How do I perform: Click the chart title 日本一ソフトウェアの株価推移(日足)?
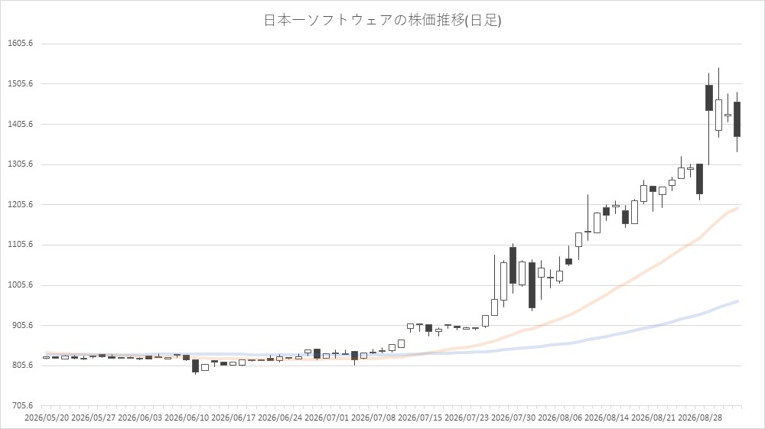pos(382,20)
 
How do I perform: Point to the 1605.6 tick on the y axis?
pos(21,44)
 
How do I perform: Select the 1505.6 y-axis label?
pos(21,84)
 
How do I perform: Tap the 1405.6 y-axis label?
pos(21,125)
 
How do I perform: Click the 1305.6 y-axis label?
pos(21,164)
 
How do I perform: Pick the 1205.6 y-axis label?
pos(21,205)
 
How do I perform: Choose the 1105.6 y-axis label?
pos(21,245)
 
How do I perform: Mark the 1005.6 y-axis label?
pos(21,285)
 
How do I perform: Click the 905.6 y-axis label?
pos(22,325)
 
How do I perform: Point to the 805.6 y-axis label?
pos(22,366)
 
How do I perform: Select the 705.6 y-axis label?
pos(22,405)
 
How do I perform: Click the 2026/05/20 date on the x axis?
pos(47,418)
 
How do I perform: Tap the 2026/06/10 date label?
pos(187,418)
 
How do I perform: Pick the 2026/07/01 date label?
pos(327,418)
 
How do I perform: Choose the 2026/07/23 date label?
pos(467,418)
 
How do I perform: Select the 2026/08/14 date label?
pos(607,418)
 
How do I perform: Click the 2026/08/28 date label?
pos(700,418)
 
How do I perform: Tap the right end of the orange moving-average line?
pos(737,208)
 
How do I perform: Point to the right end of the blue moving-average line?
pos(737,301)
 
